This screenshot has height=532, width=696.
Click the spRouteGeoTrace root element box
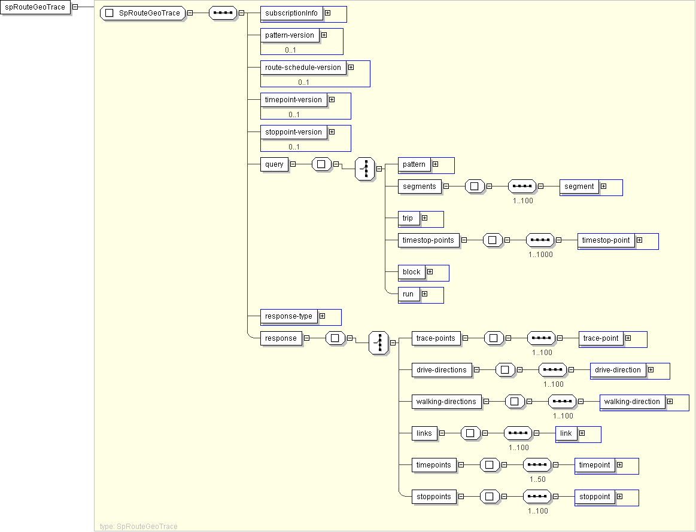point(35,7)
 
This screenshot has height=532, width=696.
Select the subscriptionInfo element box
point(291,13)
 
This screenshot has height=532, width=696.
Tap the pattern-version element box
point(290,35)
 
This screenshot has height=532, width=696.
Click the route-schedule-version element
point(303,68)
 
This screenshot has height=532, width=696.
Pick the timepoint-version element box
point(293,100)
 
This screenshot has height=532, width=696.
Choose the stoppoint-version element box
point(293,132)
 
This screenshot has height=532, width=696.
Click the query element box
point(274,164)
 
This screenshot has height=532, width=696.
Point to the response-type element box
point(288,316)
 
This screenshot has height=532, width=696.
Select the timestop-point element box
point(606,240)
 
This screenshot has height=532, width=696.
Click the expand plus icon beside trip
point(424,218)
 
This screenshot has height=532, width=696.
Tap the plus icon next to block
point(430,272)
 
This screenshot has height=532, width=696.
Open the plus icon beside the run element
point(424,294)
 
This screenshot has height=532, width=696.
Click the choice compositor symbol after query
point(365,169)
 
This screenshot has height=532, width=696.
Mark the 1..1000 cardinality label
point(540,255)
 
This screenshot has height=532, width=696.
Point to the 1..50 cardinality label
point(537,479)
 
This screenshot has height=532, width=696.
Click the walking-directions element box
point(446,402)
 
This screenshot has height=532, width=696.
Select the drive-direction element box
point(618,370)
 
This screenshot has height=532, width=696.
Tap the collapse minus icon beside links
point(442,433)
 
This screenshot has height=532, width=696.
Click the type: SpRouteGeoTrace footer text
point(139,527)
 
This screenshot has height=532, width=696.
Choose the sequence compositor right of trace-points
point(541,338)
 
